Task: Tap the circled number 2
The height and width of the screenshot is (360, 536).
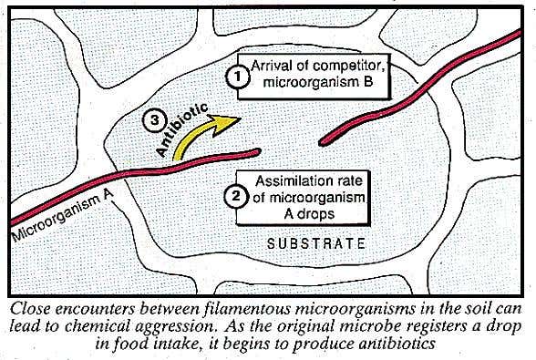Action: (x=232, y=194)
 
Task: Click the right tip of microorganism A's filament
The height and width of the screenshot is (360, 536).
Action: (x=259, y=151)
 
